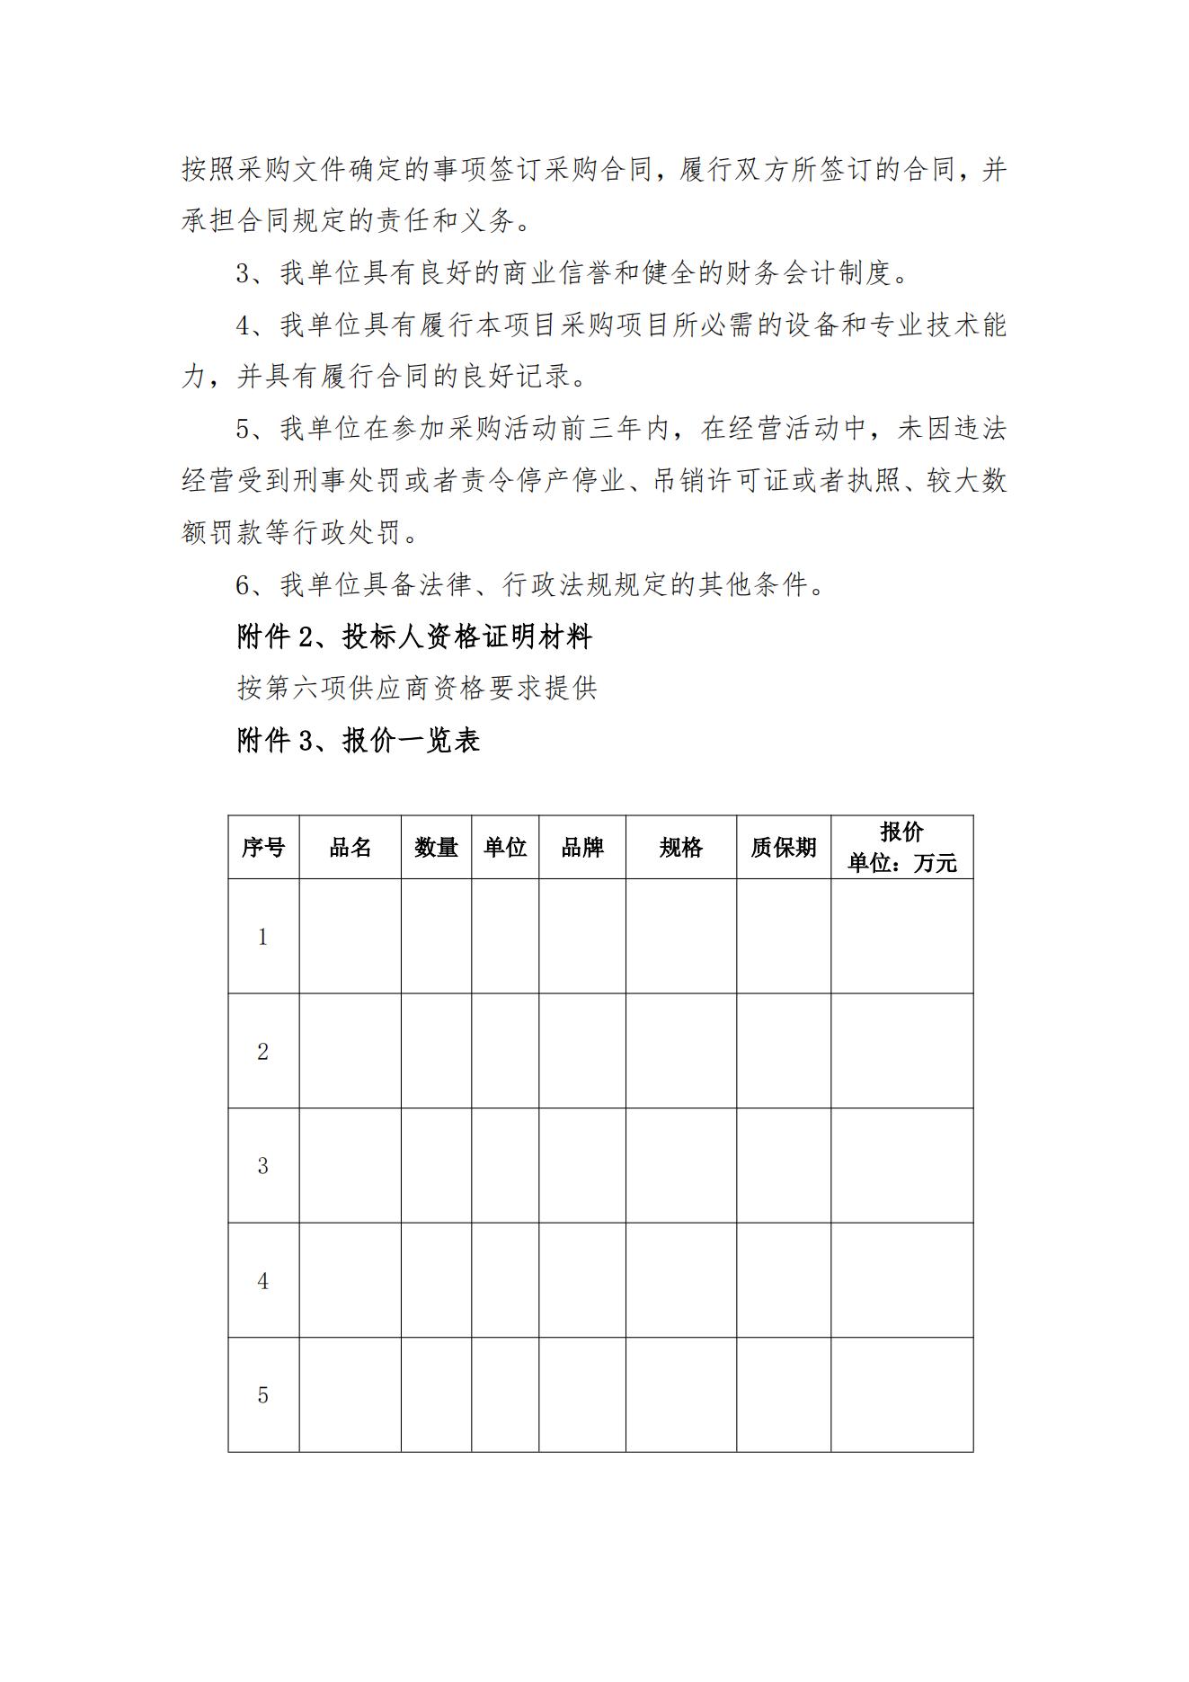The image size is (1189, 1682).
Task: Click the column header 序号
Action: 262,847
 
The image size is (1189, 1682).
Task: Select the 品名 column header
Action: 350,847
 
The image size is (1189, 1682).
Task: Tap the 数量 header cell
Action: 436,847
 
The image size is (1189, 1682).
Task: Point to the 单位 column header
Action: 505,847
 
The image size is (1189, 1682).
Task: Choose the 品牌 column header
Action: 582,847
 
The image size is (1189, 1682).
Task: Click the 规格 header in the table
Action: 680,847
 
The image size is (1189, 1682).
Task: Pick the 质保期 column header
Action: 783,847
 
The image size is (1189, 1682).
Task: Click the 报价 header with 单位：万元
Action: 901,847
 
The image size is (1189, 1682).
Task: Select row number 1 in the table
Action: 262,937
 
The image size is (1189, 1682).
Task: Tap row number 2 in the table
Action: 262,1051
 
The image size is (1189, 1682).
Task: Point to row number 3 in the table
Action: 262,1165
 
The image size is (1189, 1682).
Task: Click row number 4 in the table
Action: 262,1280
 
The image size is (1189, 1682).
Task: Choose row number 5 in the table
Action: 262,1394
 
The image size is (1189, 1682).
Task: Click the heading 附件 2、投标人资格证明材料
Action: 414,637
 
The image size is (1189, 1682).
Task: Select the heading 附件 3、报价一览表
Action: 359,740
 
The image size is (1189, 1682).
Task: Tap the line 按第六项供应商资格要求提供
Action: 417,689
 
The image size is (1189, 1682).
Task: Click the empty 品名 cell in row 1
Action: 350,937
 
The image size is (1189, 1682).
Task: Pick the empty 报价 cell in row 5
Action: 901,1394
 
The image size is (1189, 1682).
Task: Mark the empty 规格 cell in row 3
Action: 680,1165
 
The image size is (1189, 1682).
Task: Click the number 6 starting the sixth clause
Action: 243,586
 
